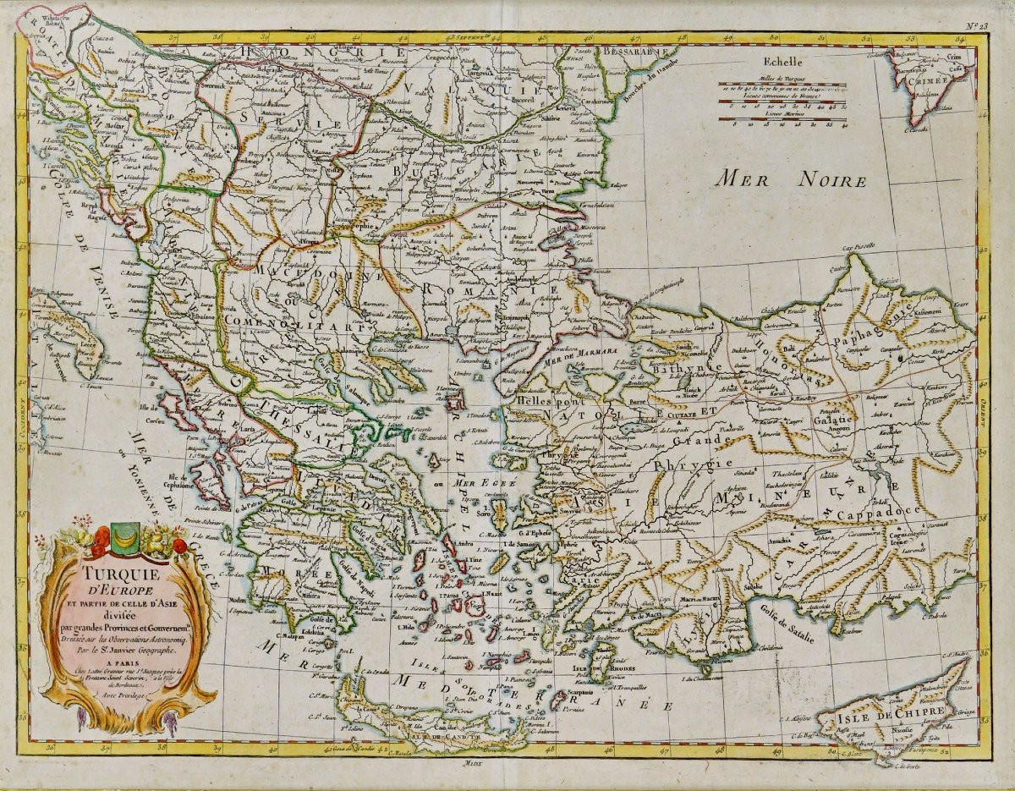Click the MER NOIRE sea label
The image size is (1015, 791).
coord(790,179)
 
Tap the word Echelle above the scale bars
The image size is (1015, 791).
coord(783,61)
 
